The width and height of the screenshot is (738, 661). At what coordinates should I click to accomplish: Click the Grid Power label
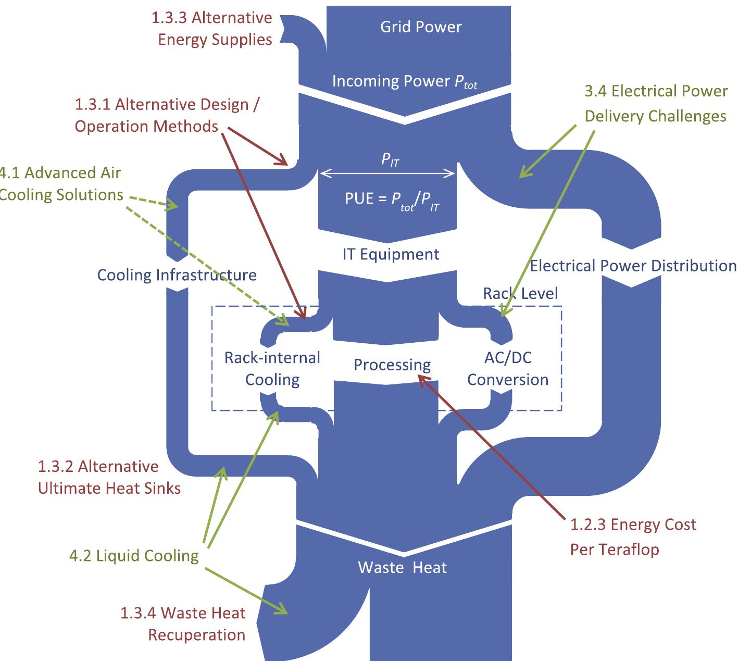click(421, 27)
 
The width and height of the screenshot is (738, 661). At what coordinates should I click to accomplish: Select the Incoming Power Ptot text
click(405, 81)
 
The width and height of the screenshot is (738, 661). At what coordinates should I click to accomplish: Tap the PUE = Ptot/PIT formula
click(392, 199)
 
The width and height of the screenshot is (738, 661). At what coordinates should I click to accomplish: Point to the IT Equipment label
click(391, 254)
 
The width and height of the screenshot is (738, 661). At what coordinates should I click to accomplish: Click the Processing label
click(392, 365)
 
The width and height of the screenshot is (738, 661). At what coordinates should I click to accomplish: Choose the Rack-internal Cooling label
click(272, 368)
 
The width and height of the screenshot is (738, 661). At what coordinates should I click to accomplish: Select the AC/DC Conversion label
click(507, 368)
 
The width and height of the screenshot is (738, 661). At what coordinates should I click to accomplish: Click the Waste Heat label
click(402, 567)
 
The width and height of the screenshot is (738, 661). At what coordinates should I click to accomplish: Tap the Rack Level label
click(520, 293)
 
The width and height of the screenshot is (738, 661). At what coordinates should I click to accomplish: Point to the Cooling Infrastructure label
click(177, 275)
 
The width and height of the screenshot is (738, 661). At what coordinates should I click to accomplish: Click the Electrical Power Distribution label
click(633, 266)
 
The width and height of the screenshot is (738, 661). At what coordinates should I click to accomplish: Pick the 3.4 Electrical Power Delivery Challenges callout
click(656, 103)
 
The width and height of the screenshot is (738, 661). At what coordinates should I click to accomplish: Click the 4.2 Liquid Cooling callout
click(134, 556)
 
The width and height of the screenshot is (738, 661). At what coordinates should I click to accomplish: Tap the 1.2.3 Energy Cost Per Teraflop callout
click(633, 537)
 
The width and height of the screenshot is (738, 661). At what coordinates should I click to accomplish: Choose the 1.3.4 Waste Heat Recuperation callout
click(183, 623)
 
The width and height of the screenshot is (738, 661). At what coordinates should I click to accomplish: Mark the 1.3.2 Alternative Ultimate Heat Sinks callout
click(109, 477)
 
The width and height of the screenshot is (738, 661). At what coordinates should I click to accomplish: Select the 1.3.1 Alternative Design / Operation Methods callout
click(167, 115)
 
